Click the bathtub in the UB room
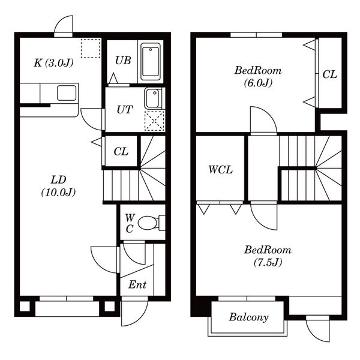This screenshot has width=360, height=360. pyautogui.click(x=151, y=62)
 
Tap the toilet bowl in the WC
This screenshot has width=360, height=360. pyautogui.click(x=148, y=223)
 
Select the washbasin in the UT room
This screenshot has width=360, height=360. pyautogui.click(x=153, y=99)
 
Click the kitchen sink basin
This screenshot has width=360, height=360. pyautogui.click(x=67, y=93)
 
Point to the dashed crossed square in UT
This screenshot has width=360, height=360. pyautogui.click(x=155, y=121)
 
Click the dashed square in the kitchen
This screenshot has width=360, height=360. pyautogui.click(x=91, y=48)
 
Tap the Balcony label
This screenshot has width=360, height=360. pyautogui.click(x=248, y=317)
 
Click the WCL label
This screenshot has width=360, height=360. pyautogui.click(x=220, y=170)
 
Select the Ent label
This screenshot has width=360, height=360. pyautogui.click(x=137, y=284)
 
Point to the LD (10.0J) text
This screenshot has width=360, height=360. pyautogui.click(x=59, y=186)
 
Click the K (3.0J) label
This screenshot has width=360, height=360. pyautogui.click(x=53, y=62)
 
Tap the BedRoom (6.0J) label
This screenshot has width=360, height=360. pyautogui.click(x=258, y=76)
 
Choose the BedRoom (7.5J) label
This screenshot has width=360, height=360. pyautogui.click(x=268, y=256)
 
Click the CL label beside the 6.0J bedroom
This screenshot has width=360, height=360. pyautogui.click(x=329, y=74)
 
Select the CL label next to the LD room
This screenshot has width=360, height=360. pyautogui.click(x=121, y=151)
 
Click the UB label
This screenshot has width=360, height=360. pyautogui.click(x=123, y=61)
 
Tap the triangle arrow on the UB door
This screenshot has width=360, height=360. pyautogui.click(x=113, y=78)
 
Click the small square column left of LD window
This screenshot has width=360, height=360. pyautogui.click(x=25, y=306)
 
